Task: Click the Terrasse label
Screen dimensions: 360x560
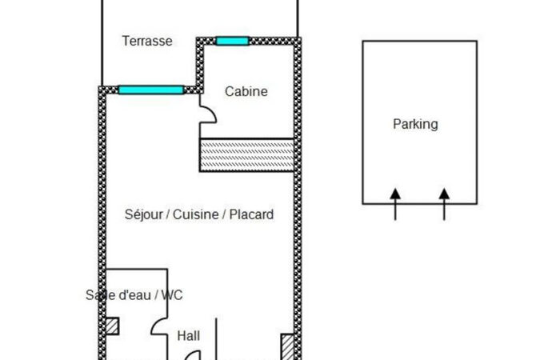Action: pos(147,41)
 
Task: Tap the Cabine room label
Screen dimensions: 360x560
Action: pos(246,91)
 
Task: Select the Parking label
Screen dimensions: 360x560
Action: pos(415,124)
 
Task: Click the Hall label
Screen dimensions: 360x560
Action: pos(189,336)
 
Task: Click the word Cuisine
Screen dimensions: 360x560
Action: pos(196,214)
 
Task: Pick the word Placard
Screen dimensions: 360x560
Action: pos(251,214)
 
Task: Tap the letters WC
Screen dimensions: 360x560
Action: pos(172,294)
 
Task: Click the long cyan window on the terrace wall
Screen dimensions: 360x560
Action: pos(150,90)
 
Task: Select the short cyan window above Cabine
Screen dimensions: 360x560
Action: pos(232,41)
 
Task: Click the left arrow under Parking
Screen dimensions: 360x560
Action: pos(395,200)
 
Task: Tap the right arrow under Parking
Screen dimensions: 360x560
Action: pos(444,200)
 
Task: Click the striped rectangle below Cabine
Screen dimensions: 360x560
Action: pos(246,154)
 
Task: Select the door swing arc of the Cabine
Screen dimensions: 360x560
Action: pos(208,115)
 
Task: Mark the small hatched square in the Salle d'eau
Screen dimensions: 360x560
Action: pos(113,326)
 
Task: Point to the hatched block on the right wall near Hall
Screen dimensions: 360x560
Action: pos(287,346)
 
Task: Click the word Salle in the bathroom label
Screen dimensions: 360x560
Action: pos(100,294)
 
